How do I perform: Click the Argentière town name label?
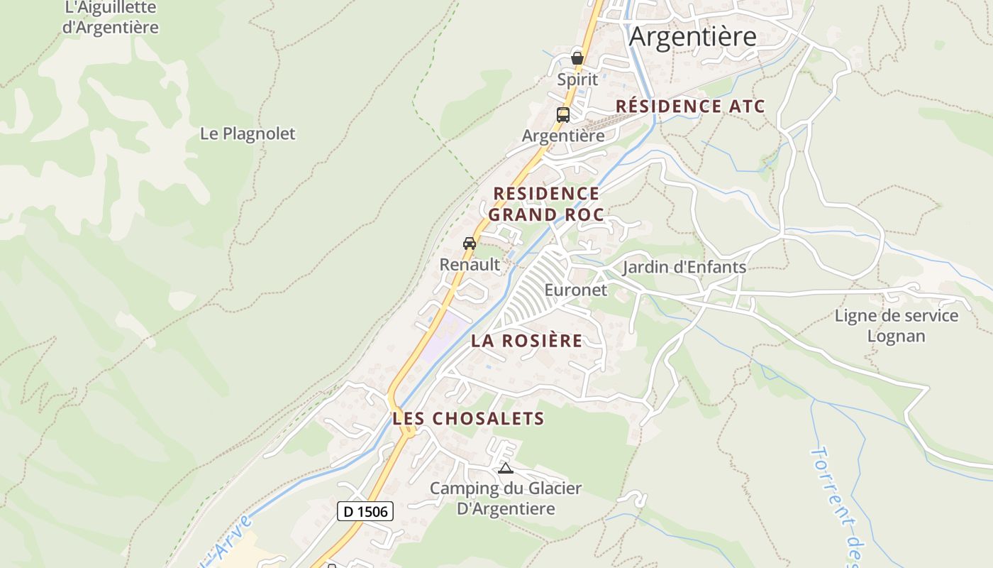pos(692,36)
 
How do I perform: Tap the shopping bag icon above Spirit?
pos(577,58)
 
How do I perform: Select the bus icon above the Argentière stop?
pos(563,114)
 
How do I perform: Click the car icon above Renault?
pos(470,244)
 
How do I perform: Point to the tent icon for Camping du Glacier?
pos(505,468)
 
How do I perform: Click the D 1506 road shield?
pos(365,510)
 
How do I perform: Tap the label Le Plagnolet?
pos(248,133)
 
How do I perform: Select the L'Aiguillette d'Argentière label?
pos(111,18)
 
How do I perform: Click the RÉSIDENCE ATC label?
pos(689,106)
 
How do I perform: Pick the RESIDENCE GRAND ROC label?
pos(546,204)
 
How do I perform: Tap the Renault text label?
pos(470,265)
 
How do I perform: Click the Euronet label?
pos(576,290)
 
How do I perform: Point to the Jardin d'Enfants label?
pos(684,267)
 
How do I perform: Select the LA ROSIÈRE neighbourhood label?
pos(526,341)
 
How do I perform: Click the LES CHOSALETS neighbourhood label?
pos(468,419)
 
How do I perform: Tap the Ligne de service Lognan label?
pos(897,326)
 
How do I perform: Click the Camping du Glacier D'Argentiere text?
pos(506,498)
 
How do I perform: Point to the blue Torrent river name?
pos(834,504)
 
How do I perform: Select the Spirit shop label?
pos(577,80)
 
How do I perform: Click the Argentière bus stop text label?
pos(563,136)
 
